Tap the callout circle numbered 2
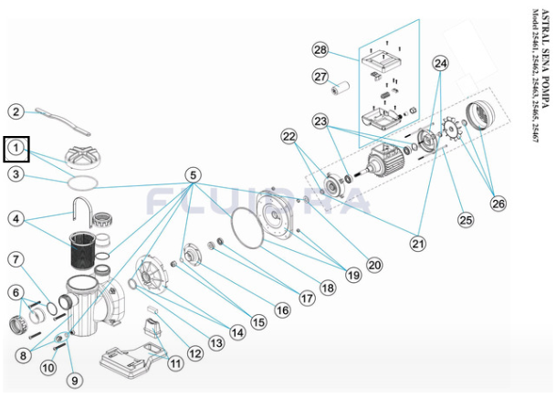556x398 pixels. click(x=16, y=111)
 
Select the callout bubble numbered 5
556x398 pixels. click(x=193, y=174)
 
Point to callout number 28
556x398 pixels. click(x=320, y=48)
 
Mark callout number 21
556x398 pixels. click(x=419, y=243)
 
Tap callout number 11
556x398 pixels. click(x=175, y=362)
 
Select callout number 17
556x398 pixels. click(x=307, y=297)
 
